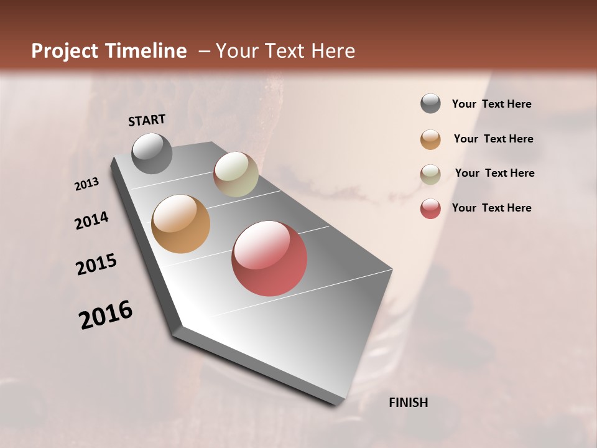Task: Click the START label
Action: (x=147, y=120)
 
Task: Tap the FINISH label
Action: (x=408, y=403)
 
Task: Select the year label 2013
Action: (x=87, y=184)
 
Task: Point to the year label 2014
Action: (x=91, y=220)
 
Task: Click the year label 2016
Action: (x=106, y=315)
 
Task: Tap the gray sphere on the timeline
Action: (x=152, y=154)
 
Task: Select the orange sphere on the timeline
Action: (x=180, y=224)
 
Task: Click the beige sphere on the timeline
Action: (x=236, y=174)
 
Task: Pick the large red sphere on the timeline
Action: (x=269, y=258)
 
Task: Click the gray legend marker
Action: (x=430, y=104)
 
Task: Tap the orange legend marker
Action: (x=430, y=139)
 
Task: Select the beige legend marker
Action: (x=430, y=174)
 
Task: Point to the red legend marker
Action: (x=430, y=208)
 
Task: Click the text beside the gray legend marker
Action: (x=491, y=105)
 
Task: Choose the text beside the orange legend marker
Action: (x=493, y=139)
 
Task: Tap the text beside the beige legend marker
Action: (x=494, y=173)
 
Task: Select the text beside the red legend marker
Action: (x=491, y=208)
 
